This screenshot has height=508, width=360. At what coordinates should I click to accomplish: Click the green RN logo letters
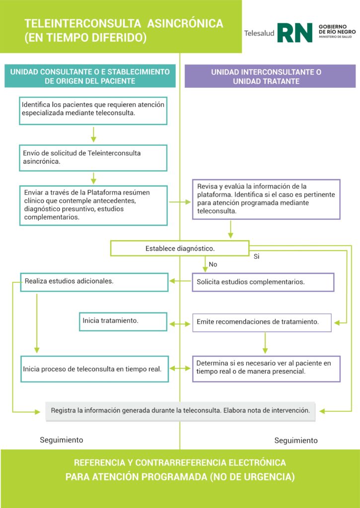click(x=294, y=33)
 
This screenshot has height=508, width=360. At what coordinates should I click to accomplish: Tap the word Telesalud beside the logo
click(x=259, y=33)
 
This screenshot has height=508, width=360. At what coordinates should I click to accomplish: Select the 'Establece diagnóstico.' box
click(x=179, y=248)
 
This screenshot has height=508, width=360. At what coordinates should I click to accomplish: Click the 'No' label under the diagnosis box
click(x=213, y=264)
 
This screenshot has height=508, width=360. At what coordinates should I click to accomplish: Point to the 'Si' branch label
click(x=257, y=257)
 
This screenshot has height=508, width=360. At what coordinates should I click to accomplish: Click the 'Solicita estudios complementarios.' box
click(x=263, y=282)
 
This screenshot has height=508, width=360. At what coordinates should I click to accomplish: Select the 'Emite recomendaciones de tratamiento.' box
click(x=262, y=322)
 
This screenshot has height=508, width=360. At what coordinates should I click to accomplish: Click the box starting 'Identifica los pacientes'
click(x=93, y=110)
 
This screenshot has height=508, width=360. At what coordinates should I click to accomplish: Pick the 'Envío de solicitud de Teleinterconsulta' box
click(x=93, y=157)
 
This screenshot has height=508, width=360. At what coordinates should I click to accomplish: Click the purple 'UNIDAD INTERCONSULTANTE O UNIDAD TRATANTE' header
click(x=270, y=76)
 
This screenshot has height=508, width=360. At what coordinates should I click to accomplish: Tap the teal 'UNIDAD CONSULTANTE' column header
click(x=90, y=76)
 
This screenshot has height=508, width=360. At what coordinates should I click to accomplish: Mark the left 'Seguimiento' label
click(x=62, y=440)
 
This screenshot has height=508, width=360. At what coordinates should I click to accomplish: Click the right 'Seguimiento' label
click(x=296, y=441)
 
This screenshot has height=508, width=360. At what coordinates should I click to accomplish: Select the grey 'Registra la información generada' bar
click(x=180, y=411)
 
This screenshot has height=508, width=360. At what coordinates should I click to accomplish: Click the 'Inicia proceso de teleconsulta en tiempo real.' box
click(x=94, y=369)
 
